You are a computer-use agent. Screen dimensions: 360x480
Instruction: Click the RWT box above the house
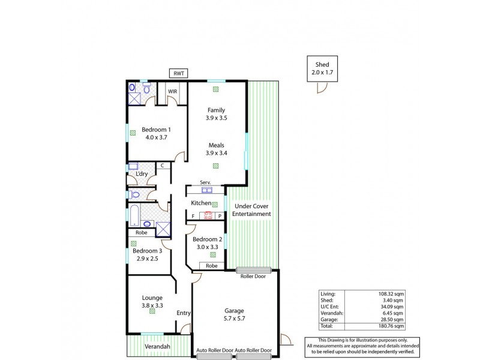coord(179,73)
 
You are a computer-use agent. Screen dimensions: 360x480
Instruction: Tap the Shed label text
coord(322,65)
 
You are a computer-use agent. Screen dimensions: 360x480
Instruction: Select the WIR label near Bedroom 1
coord(172,92)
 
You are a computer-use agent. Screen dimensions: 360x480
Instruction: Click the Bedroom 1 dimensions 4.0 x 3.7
coord(156,137)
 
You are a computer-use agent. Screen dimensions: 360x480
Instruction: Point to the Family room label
coord(217,110)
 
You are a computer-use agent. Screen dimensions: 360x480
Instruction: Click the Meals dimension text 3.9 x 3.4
coord(217,153)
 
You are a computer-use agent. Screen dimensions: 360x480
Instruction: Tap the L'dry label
coord(142,174)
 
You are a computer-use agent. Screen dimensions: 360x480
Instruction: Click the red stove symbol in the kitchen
coord(205,215)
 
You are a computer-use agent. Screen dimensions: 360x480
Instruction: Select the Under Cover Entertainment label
coord(252,209)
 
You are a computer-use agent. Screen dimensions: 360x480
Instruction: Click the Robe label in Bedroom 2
coord(212,265)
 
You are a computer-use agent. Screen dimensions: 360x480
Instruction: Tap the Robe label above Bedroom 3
coord(142,233)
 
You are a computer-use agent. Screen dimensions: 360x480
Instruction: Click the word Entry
coord(184,313)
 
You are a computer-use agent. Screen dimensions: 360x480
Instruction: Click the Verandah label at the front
coord(158,347)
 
